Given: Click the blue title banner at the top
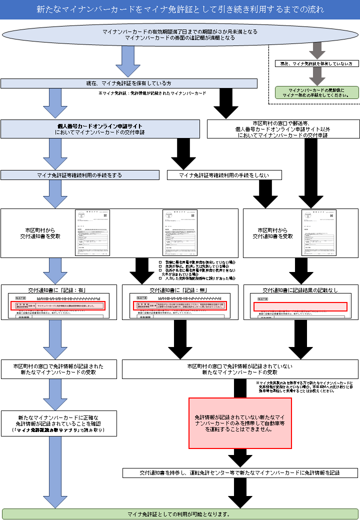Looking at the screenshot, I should click(x=180, y=9).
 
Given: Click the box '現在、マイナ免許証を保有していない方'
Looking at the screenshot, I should click(x=316, y=64).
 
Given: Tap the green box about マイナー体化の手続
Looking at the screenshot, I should click(x=316, y=92).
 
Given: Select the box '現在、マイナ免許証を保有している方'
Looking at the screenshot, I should click(x=129, y=83).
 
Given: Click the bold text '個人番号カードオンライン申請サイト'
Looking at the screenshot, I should click(x=100, y=126).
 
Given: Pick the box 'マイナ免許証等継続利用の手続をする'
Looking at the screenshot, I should click(x=79, y=175).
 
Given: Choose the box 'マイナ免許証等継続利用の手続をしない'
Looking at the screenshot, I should click(x=224, y=175).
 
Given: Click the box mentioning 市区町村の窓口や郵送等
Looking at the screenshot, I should click(x=283, y=128).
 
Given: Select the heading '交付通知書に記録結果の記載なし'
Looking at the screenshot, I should click(x=300, y=290).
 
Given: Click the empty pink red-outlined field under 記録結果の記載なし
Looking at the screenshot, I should click(x=300, y=306).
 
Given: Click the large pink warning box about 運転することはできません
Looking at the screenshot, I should click(x=240, y=423).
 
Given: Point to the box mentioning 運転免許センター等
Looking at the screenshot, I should click(x=240, y=472).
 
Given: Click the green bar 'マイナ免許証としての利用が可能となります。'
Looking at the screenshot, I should click(x=180, y=513).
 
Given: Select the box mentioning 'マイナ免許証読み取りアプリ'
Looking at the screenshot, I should click(x=59, y=423).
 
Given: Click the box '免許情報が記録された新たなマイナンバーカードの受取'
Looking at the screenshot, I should click(x=59, y=369).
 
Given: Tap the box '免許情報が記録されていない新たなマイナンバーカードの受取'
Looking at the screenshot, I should click(x=240, y=369).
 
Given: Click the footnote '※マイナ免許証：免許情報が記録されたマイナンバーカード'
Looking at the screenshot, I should click(x=152, y=93).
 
